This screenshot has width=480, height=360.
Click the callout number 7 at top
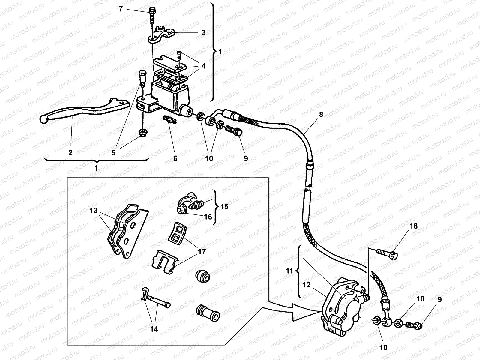click(x=121, y=9)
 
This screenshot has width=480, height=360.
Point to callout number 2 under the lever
click(x=70, y=152)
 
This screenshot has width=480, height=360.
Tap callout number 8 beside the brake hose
click(x=321, y=114)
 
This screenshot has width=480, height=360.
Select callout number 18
click(x=413, y=226)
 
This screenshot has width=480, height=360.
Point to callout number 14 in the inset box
click(x=154, y=329)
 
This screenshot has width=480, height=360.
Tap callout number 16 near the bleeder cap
click(x=208, y=216)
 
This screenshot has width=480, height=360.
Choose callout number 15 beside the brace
click(x=224, y=206)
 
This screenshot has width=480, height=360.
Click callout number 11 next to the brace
click(x=289, y=271)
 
